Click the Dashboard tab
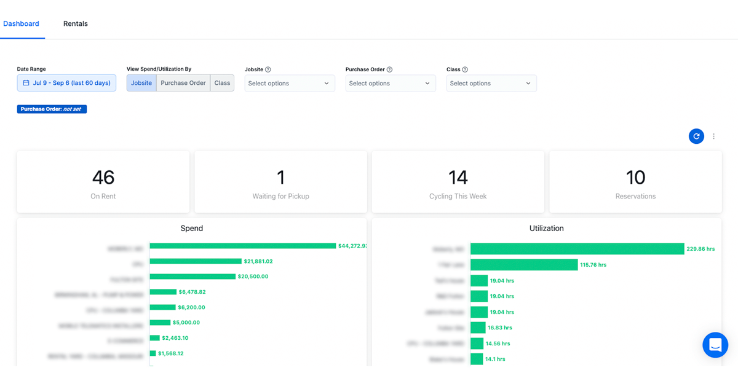(x=21, y=24)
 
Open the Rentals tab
(x=76, y=24)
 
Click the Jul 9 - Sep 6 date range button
(x=66, y=83)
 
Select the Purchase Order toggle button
(x=183, y=83)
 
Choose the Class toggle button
(x=222, y=83)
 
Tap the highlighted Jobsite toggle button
(x=141, y=83)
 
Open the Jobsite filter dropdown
(x=290, y=84)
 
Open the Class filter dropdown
(x=491, y=84)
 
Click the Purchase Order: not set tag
(x=52, y=109)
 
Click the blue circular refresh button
(x=696, y=136)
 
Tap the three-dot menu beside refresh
(x=713, y=136)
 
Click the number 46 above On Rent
(x=103, y=178)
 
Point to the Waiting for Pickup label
(x=281, y=197)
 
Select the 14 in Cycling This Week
(x=458, y=178)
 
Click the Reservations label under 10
(x=635, y=197)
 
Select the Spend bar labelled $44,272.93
(x=243, y=246)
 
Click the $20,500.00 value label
(x=253, y=277)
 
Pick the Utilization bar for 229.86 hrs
(x=577, y=249)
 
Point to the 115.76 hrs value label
(x=593, y=265)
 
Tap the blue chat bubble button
(x=715, y=345)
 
